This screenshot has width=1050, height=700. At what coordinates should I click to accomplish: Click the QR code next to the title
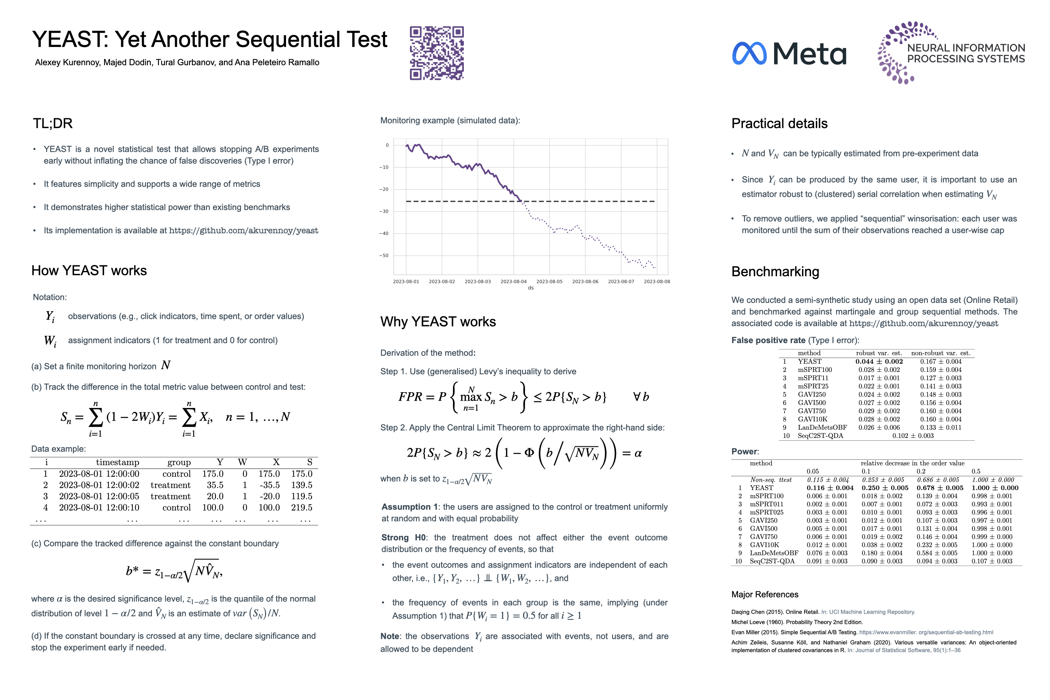(x=437, y=53)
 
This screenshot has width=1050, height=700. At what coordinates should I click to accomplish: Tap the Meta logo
(x=789, y=53)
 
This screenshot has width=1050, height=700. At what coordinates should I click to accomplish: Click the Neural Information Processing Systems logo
(x=951, y=53)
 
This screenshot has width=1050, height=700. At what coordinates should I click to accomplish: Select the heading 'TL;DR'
(x=53, y=124)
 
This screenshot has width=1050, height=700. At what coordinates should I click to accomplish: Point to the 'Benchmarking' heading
(x=775, y=272)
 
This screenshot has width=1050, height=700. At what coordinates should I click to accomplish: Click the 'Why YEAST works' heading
(x=438, y=322)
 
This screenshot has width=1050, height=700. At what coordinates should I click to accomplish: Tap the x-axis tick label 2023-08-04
(x=513, y=282)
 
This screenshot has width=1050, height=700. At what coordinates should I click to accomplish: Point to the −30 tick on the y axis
(x=384, y=211)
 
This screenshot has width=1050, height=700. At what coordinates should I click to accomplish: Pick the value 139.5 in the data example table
(x=302, y=485)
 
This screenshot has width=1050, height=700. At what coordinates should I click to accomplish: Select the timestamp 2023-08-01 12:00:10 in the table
(x=99, y=508)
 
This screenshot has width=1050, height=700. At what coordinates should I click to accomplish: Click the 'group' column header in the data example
(x=179, y=463)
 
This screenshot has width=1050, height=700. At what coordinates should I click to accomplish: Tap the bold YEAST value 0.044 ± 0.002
(x=879, y=362)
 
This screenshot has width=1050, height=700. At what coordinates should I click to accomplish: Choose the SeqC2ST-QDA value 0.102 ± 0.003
(x=913, y=436)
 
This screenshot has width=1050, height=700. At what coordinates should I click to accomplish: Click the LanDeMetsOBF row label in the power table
(x=774, y=553)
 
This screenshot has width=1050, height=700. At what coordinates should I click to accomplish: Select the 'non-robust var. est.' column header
(x=941, y=353)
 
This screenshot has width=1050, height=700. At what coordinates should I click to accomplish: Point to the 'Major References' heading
(x=765, y=595)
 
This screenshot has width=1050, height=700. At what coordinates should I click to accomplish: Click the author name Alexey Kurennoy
(x=67, y=62)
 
